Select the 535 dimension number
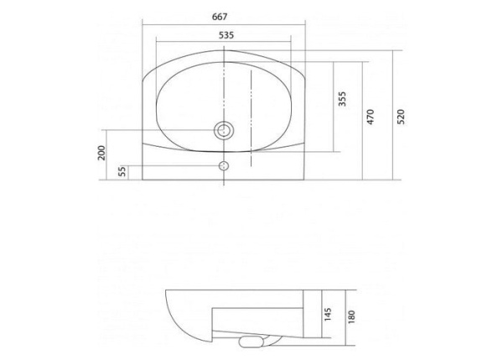click(x=225, y=34)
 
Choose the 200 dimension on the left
click(x=101, y=154)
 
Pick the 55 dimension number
click(x=122, y=171)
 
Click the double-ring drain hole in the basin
click(x=224, y=130)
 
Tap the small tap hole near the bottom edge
click(x=224, y=164)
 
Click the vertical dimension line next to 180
click(x=344, y=323)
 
